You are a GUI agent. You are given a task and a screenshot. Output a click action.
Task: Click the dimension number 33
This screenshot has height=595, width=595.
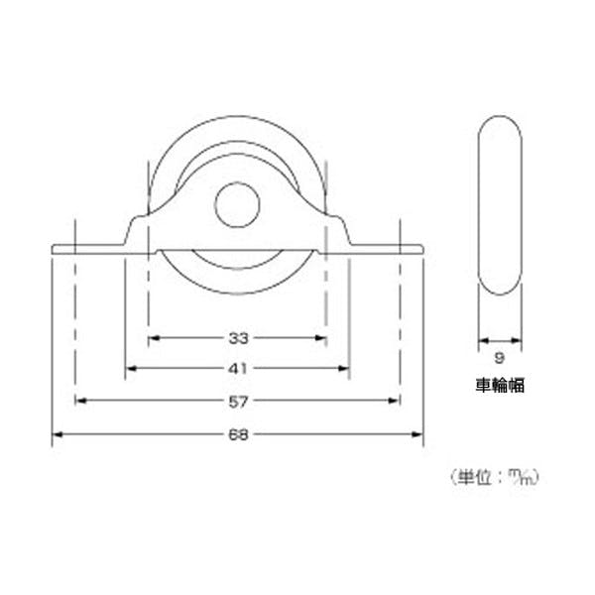238,338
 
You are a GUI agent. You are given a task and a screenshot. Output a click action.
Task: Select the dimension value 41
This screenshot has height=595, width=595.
238,369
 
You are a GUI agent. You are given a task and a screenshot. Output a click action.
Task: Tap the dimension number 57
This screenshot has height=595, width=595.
238,402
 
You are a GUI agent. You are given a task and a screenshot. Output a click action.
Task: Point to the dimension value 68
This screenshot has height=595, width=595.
238,435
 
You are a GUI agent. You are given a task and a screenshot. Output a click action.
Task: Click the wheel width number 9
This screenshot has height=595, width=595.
500,358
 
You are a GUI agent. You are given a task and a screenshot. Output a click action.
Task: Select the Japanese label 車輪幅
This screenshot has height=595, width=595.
500,386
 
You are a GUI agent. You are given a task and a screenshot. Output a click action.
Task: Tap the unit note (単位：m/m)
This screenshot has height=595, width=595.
494,477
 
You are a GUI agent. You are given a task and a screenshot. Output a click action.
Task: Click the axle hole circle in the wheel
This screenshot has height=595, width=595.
237,204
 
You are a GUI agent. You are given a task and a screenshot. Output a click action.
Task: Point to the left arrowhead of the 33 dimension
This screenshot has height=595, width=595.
154,338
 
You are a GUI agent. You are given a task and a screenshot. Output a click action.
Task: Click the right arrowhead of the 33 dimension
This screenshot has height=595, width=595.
321,338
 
